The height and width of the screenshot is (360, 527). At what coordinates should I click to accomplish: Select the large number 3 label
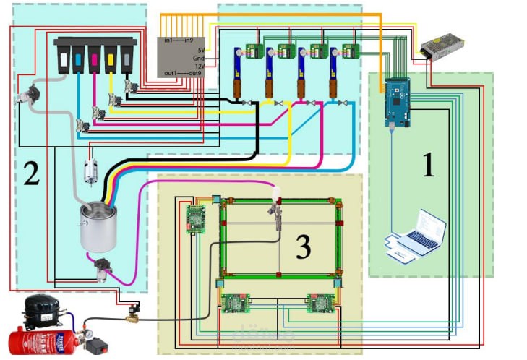point(304,247)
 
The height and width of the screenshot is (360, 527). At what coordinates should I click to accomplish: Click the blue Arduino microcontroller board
point(396,101)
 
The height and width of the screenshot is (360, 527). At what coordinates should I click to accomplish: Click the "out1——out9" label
point(181,72)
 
